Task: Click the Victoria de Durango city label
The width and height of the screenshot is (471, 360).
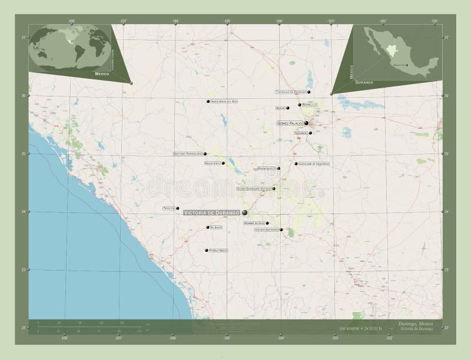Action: (211, 212)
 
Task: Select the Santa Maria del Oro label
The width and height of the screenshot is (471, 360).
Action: (225, 102)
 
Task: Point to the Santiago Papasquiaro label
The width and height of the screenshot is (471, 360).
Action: (187, 154)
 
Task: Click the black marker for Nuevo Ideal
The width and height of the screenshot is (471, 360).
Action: (223, 163)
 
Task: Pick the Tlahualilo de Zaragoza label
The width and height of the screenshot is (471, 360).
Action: (291, 92)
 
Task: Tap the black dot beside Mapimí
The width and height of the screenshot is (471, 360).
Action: (288, 108)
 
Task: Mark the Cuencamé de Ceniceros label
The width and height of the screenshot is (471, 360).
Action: (313, 164)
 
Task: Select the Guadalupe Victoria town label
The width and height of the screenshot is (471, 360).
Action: (253, 189)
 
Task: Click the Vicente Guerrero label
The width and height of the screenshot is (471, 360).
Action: (266, 230)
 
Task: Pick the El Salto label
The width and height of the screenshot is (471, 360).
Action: (216, 227)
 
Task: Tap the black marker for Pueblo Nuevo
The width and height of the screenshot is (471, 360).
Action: (206, 251)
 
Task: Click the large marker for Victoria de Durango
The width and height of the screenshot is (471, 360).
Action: (244, 212)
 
